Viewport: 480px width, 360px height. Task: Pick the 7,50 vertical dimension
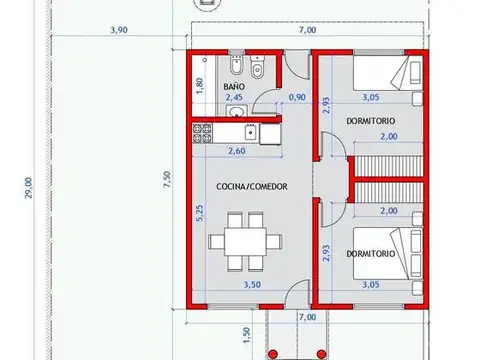(169, 180)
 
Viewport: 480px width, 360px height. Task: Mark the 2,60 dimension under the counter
(238, 151)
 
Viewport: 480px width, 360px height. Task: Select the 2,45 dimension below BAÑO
(234, 98)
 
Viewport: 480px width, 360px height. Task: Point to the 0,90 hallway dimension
(297, 98)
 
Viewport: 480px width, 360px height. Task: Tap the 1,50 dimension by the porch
(247, 333)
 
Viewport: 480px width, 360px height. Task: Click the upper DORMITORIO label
(369, 121)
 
